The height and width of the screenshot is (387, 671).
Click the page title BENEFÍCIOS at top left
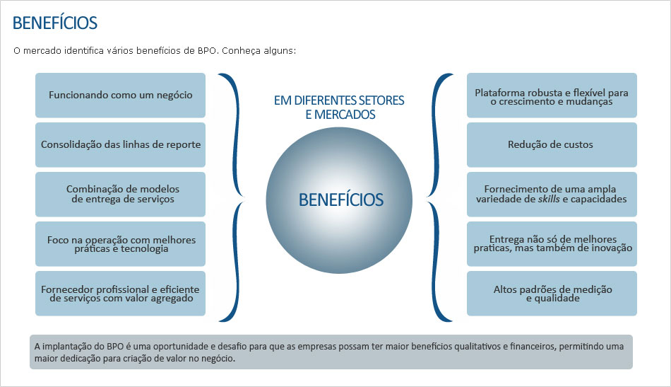coord(54,23)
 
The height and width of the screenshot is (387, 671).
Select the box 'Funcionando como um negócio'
coord(120,95)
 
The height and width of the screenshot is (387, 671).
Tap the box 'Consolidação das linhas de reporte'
coord(120,144)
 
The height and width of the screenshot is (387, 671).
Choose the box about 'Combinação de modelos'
coord(120,194)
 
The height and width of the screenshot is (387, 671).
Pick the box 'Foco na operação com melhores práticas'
coord(120,244)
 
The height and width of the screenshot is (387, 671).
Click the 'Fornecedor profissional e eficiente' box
coord(120,294)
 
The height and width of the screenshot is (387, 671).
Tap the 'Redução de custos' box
coord(552,144)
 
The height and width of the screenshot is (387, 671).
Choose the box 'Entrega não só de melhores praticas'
coord(552,244)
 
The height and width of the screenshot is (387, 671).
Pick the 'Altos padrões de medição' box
coord(552,294)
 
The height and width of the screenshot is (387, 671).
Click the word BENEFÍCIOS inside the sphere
coord(340,200)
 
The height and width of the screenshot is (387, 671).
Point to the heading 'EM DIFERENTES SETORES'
coord(339,100)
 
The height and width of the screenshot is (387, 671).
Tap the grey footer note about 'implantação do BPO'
coord(331,352)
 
